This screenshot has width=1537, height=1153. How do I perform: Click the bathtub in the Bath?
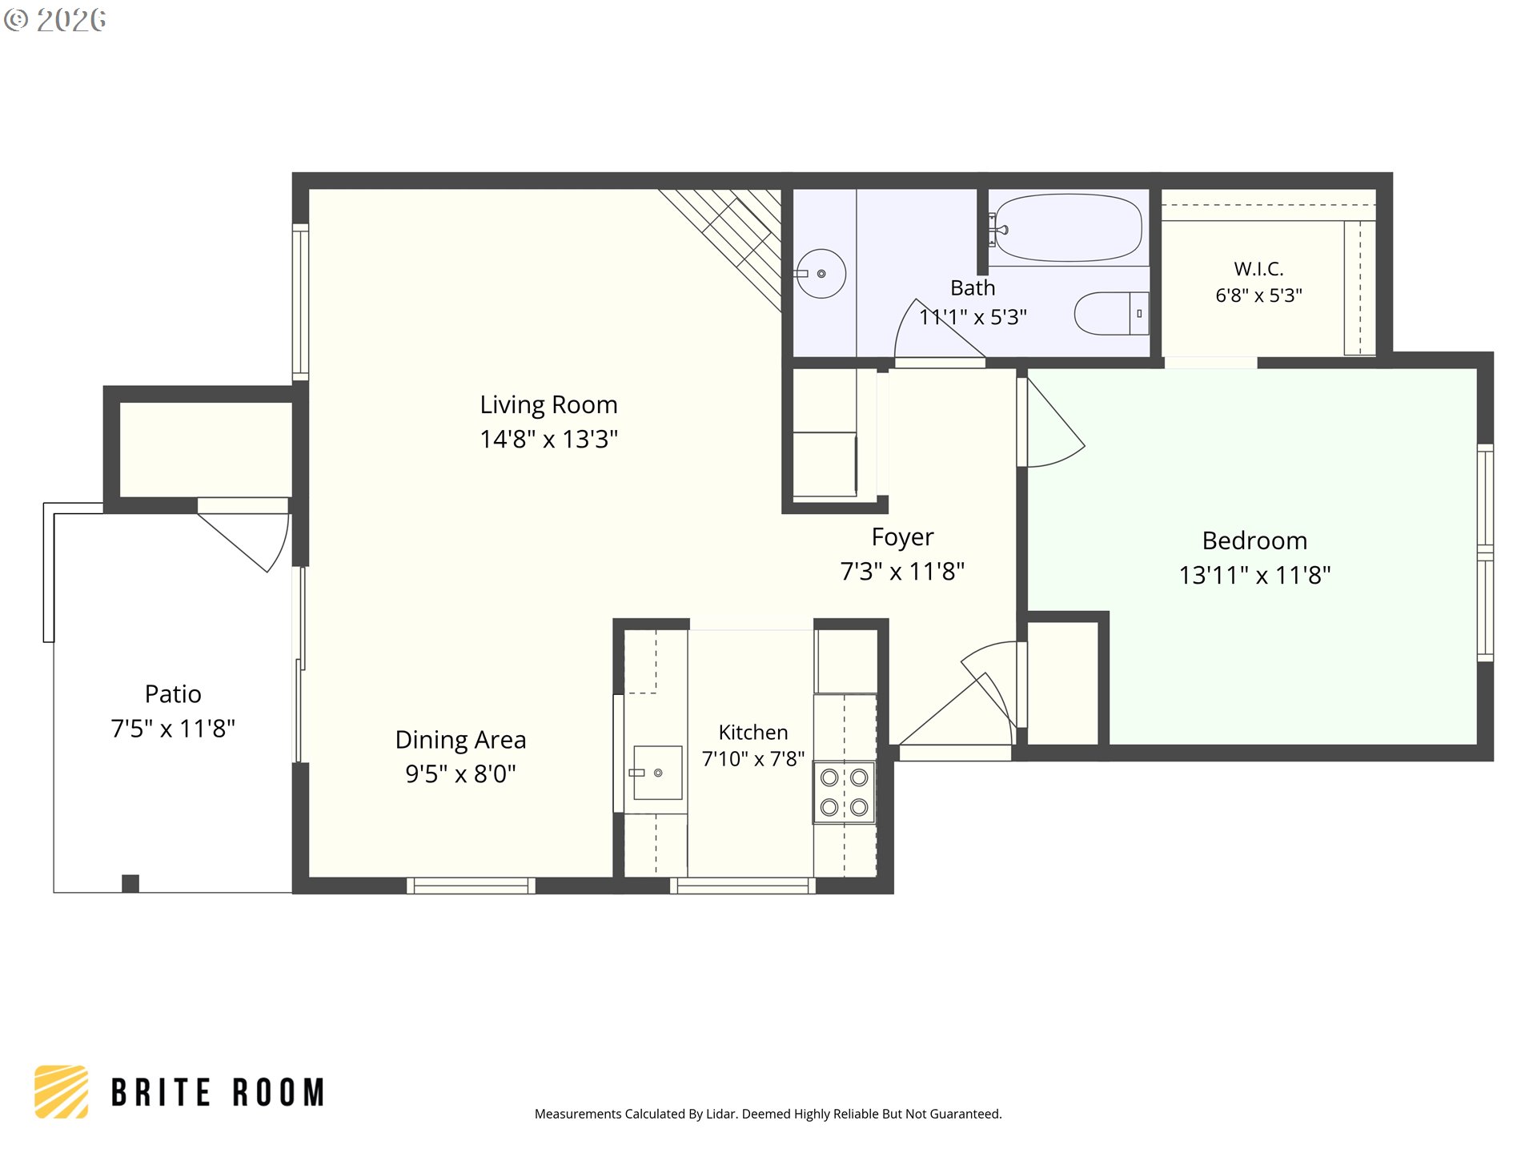point(1068,228)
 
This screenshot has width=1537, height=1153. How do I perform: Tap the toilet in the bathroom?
point(1111,313)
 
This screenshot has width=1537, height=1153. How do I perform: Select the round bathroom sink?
point(821,274)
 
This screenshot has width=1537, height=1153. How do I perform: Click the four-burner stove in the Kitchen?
point(845,792)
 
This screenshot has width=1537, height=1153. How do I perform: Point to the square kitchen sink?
point(657,773)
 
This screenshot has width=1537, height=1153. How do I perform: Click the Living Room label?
point(548,405)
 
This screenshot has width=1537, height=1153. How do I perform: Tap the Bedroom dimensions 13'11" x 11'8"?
point(1254,575)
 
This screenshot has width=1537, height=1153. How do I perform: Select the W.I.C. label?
point(1258,269)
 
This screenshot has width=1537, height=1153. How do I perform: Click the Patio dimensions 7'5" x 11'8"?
point(173,729)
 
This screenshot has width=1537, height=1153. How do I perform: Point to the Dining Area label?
point(460,740)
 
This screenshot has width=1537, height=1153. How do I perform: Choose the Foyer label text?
point(902,537)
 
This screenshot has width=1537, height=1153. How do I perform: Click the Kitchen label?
point(752,733)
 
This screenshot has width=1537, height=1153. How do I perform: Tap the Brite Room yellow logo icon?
point(61,1091)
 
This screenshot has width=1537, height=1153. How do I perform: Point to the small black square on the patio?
point(130,883)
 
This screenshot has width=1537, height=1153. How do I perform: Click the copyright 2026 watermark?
point(54,20)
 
